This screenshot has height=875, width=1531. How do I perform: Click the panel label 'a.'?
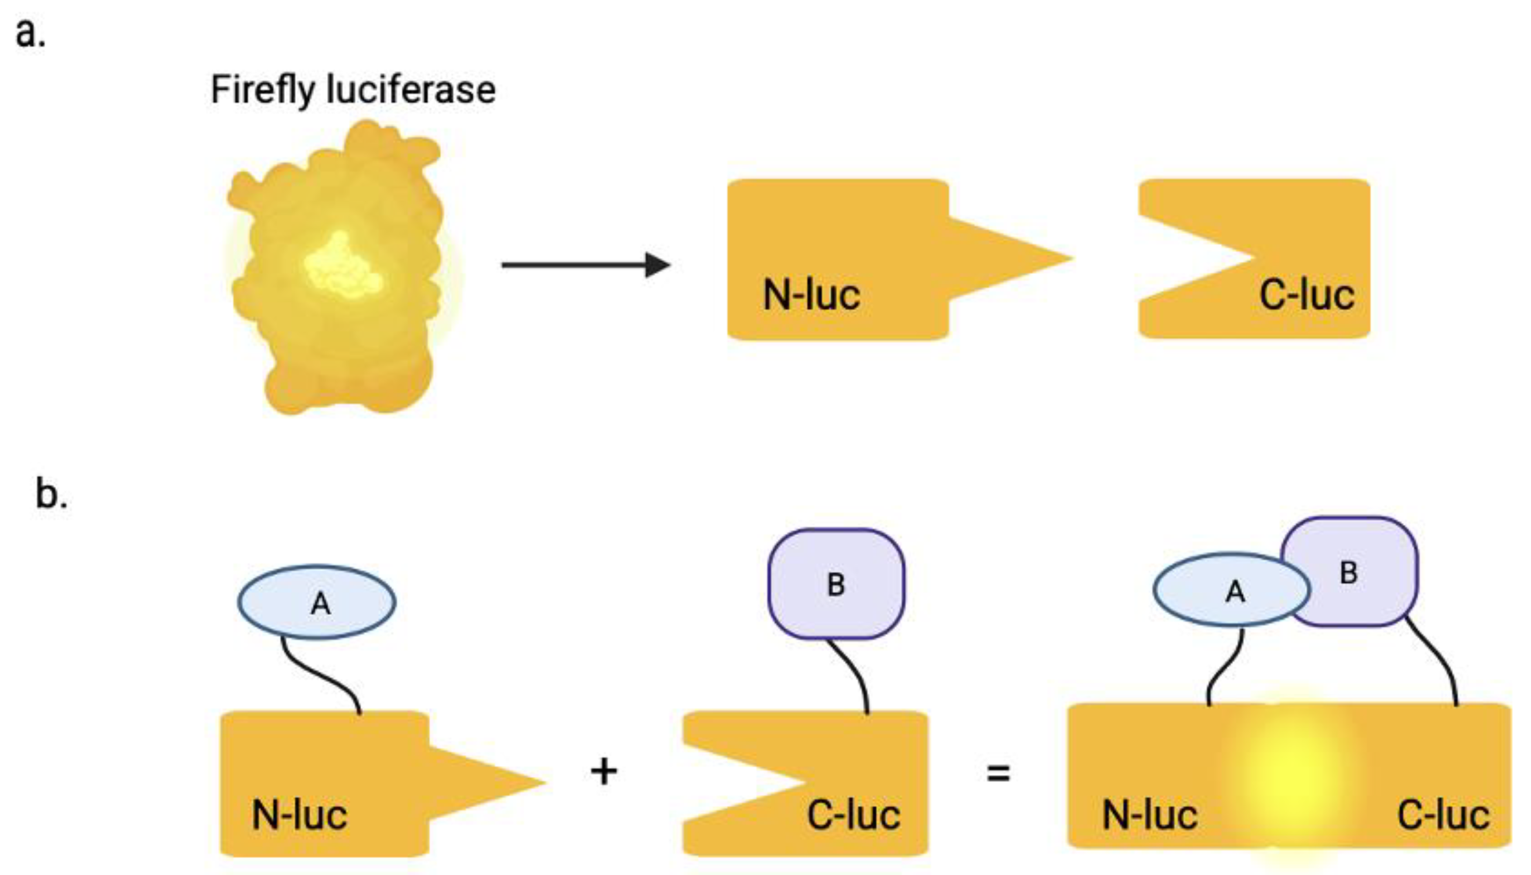[x=30, y=33]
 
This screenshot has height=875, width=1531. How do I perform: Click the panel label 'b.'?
[x=51, y=494]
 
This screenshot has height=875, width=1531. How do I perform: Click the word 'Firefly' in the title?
[x=263, y=90]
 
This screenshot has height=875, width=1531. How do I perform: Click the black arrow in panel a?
[x=586, y=264]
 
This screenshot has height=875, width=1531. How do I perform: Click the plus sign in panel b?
[x=603, y=772]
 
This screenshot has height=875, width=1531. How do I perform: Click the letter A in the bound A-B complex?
[x=1235, y=592]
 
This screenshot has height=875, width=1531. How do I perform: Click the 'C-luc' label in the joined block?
[x=1442, y=816]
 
